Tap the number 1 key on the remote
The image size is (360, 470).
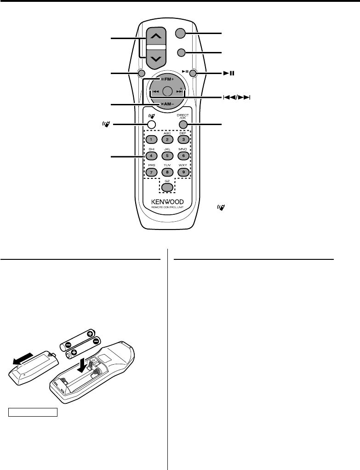(149, 139)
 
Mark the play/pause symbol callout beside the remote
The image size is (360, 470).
(228, 73)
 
